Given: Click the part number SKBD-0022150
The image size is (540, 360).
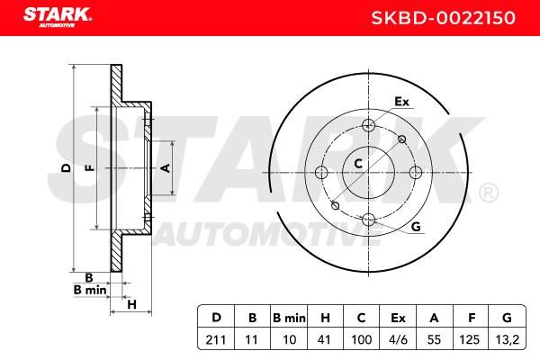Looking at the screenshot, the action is click(443, 18).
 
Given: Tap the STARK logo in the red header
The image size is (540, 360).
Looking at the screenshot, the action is click(58, 17).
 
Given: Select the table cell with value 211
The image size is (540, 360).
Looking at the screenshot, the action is click(216, 339).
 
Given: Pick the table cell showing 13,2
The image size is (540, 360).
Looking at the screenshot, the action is click(508, 339).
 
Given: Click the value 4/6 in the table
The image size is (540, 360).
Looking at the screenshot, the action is click(398, 339).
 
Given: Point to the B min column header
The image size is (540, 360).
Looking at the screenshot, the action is click(289, 318).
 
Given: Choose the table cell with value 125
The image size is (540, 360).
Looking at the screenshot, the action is click(470, 339).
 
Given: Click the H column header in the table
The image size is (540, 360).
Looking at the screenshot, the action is click(325, 318).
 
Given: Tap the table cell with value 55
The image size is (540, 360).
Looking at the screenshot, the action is click(435, 339).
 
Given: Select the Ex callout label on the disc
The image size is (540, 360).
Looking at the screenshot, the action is click(401, 102).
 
